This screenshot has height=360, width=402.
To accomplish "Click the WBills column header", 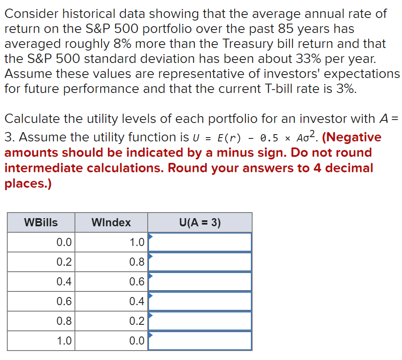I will (x=41, y=222).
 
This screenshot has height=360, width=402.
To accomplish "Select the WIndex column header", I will (x=111, y=222).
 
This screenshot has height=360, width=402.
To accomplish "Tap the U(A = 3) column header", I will (x=200, y=222).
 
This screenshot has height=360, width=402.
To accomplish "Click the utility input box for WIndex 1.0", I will (x=200, y=242).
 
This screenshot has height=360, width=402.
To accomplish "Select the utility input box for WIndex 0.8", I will (x=200, y=262).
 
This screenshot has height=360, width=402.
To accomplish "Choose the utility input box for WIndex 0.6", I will (x=200, y=282).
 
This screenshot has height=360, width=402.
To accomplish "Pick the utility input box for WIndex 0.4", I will (x=200, y=301).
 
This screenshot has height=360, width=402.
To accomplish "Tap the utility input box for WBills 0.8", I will (x=200, y=321).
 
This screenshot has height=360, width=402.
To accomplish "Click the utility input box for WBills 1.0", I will (x=200, y=341).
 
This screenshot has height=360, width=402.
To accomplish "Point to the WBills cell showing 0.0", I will (x=64, y=242).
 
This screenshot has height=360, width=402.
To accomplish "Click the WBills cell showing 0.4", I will (x=64, y=282).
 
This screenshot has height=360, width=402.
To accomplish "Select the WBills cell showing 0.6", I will (x=64, y=301).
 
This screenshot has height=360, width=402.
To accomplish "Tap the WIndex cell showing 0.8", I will (x=137, y=262).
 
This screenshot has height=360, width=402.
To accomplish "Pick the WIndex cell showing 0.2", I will (x=137, y=321).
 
